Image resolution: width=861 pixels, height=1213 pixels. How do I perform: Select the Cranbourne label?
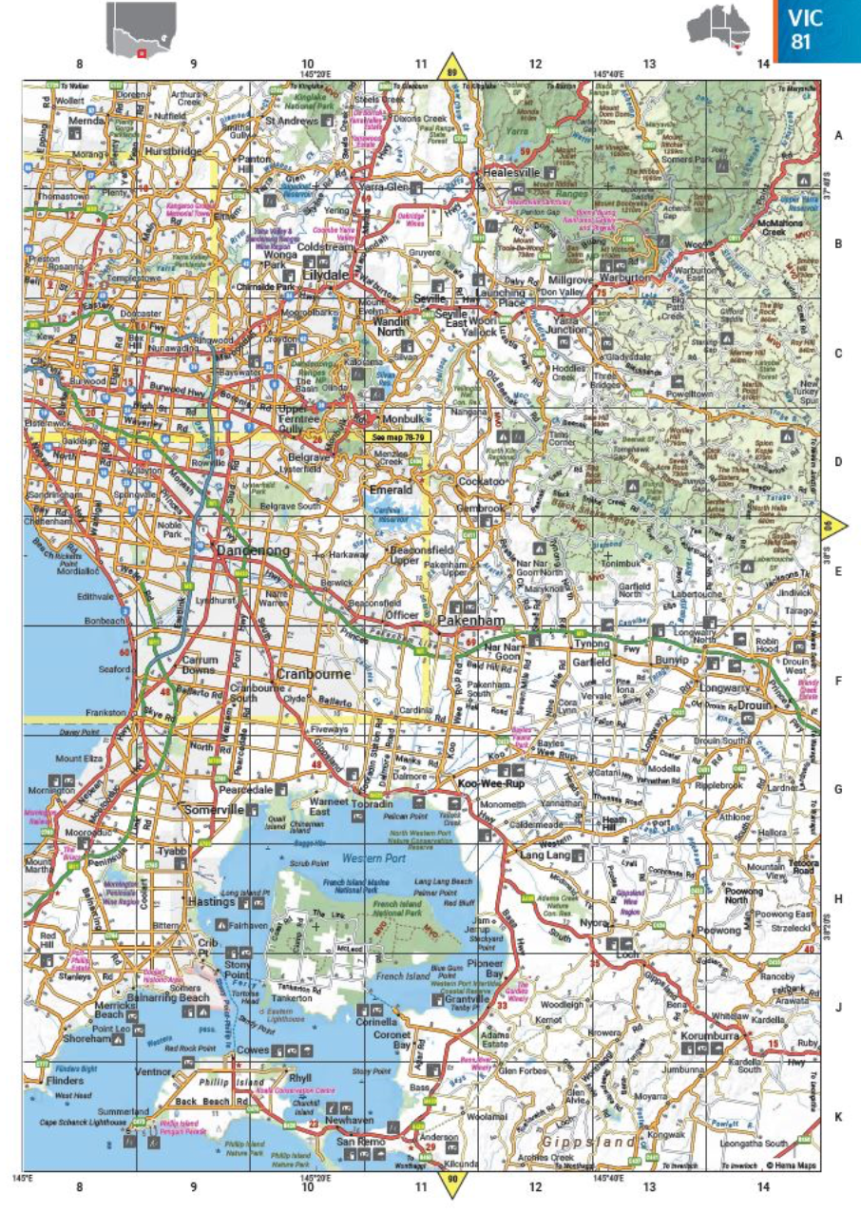[x=314, y=674]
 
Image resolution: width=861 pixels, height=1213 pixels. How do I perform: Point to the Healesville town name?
[x=510, y=173]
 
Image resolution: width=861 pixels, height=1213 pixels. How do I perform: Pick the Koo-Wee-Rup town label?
[x=492, y=784]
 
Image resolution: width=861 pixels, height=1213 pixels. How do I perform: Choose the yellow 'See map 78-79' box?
[x=396, y=436]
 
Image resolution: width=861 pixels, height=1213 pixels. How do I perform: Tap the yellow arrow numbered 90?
[x=452, y=1184]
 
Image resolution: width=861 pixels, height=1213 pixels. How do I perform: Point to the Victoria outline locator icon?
[x=142, y=30]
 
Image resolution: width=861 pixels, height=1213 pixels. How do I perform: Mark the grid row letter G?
[x=838, y=789]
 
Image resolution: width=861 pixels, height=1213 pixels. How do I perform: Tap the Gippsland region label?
[x=580, y=1141]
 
